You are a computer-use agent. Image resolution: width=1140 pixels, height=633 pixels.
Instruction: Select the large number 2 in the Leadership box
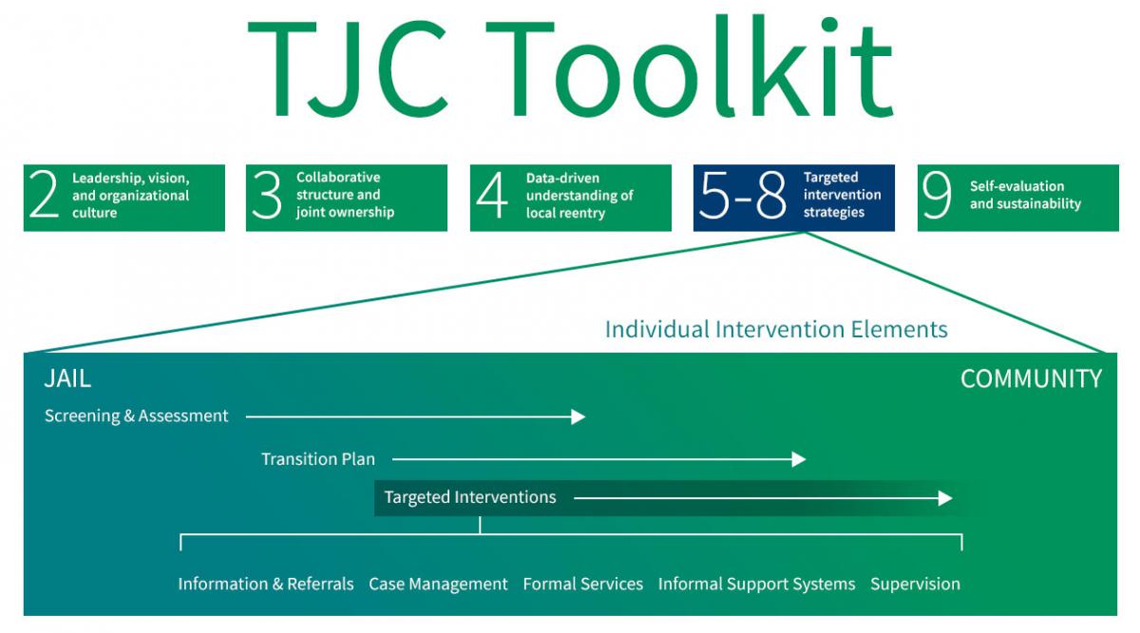pos(45,197)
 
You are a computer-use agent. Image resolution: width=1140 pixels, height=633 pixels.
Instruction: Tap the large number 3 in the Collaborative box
pos(267,197)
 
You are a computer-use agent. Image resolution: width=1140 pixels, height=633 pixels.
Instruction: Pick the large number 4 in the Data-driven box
pos(492,197)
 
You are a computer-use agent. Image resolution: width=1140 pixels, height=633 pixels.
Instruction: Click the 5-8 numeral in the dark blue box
pos(743,197)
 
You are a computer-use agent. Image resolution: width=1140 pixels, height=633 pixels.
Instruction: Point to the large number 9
pos(937,197)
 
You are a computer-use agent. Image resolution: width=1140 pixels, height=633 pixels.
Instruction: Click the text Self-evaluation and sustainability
pos(1025,195)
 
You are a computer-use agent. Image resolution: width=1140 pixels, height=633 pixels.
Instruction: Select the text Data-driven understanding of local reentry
pos(579,196)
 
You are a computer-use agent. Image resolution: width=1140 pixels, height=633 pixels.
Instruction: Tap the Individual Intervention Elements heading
pos(776,330)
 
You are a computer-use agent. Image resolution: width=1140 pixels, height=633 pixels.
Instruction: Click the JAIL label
pos(67,378)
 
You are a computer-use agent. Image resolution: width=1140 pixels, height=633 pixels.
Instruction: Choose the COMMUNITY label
pos(1031,379)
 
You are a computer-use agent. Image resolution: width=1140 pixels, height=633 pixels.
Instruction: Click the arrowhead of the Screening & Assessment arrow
pos(579,416)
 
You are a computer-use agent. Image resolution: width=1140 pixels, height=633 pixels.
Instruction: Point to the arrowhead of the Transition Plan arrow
pos(799,459)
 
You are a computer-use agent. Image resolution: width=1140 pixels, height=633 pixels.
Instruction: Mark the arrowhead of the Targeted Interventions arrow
pos(945,498)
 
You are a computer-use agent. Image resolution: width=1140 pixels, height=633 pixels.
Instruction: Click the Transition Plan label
pos(318,459)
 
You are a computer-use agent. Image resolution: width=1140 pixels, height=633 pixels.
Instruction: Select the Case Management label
pos(438,584)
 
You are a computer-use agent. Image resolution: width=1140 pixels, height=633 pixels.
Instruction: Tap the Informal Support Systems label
pos(756,584)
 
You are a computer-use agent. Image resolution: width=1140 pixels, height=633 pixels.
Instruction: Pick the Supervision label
pos(915,584)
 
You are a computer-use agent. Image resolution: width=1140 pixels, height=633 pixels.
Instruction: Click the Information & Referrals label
pos(266,584)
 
